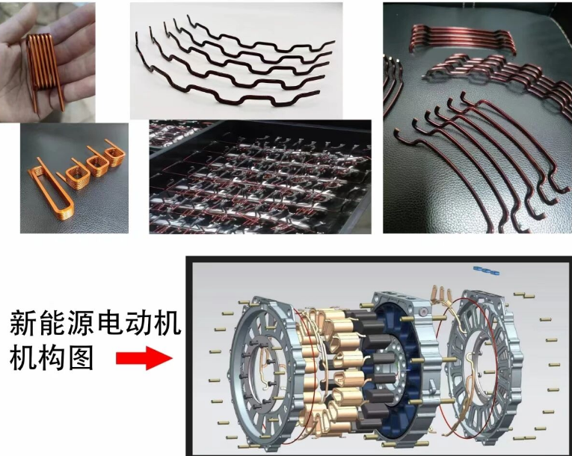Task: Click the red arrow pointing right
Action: tap(144, 358)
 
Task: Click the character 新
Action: tap(24, 323)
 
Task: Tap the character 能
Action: tap(52, 323)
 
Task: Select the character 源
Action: tap(81, 323)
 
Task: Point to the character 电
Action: tap(109, 323)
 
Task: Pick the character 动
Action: tap(138, 323)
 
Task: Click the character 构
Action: tap(52, 357)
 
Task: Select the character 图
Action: tap(81, 357)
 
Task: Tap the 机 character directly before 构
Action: tap(24, 357)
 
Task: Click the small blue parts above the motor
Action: tap(486, 271)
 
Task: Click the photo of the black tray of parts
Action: tap(260, 176)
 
